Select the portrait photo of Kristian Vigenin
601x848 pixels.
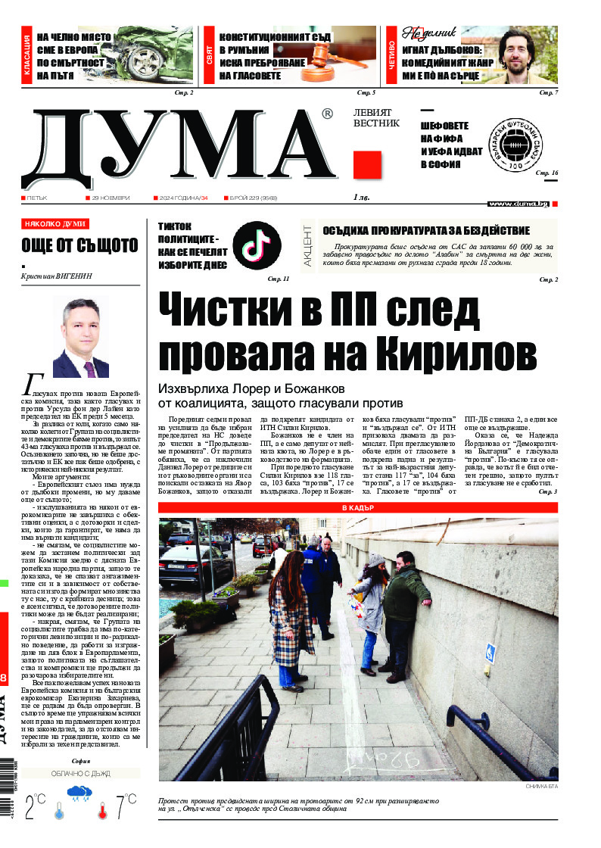click(80, 338)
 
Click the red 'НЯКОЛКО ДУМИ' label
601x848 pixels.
click(55, 224)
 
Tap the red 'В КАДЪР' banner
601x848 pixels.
click(358, 507)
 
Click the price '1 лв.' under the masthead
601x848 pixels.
click(363, 198)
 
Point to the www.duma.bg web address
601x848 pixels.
click(518, 204)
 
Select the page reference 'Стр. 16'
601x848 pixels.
click(547, 173)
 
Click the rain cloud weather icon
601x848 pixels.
click(79, 796)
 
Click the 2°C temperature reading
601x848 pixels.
click(34, 806)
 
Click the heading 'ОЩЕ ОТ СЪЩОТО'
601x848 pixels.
click(80, 245)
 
